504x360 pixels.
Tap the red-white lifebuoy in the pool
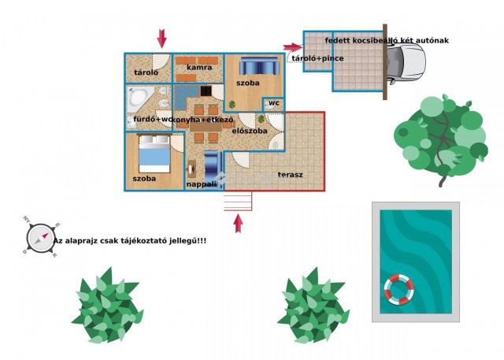pyautogui.click(x=398, y=290)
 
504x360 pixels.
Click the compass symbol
pyautogui.click(x=39, y=236)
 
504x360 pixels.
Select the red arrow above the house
pyautogui.click(x=162, y=38)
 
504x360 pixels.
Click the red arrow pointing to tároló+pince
pyautogui.click(x=292, y=47)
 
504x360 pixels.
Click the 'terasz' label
pyautogui.click(x=291, y=174)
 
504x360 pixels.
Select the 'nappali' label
pyautogui.click(x=202, y=184)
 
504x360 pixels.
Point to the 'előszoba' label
pyautogui.click(x=250, y=130)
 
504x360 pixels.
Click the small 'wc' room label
pyautogui.click(x=273, y=103)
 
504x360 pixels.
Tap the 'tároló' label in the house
pyautogui.click(x=146, y=72)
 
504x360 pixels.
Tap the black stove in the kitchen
pyautogui.click(x=206, y=91)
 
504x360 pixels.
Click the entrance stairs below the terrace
pyautogui.click(x=238, y=202)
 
